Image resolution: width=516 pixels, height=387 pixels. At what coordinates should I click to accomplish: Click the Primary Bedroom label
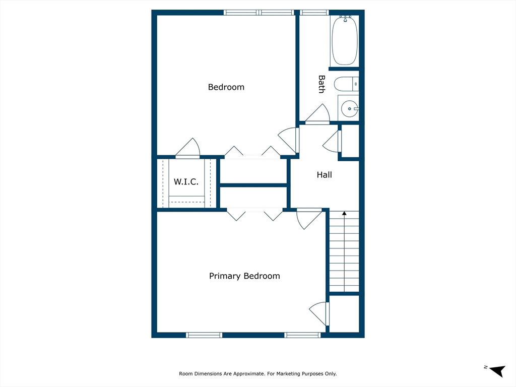244,276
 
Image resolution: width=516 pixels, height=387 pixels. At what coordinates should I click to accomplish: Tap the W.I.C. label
186,181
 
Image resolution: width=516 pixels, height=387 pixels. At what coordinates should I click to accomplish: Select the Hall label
324,175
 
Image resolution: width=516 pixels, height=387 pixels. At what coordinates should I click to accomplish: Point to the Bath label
321,84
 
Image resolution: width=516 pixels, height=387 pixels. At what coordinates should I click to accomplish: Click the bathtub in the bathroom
344,40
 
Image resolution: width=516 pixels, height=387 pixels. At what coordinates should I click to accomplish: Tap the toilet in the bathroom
346,84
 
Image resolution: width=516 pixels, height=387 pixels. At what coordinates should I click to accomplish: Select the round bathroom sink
349,109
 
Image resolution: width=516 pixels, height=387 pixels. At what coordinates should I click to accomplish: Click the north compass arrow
497,370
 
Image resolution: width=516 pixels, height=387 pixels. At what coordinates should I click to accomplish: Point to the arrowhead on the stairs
344,213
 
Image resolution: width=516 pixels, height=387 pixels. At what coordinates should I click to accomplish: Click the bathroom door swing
317,113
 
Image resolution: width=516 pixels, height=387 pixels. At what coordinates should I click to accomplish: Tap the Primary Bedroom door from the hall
309,219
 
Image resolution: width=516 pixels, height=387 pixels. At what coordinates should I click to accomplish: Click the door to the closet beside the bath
332,141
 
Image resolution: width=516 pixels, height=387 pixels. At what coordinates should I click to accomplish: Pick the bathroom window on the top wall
314,13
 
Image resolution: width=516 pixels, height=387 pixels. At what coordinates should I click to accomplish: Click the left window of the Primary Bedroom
204,335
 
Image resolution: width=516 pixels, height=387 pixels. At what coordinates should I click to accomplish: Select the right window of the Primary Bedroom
302,335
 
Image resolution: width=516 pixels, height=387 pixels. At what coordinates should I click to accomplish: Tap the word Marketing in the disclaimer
288,373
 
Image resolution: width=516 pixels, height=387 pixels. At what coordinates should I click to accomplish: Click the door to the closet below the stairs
319,313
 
